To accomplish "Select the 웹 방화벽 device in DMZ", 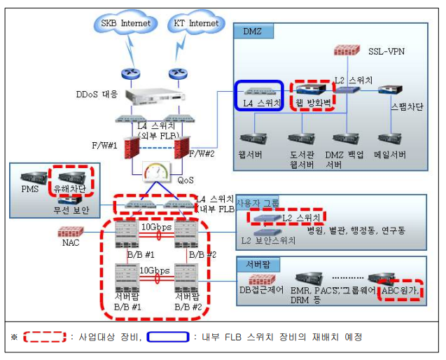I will (312, 95).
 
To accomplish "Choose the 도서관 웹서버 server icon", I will (302, 138).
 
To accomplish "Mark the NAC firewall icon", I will (69, 231).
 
